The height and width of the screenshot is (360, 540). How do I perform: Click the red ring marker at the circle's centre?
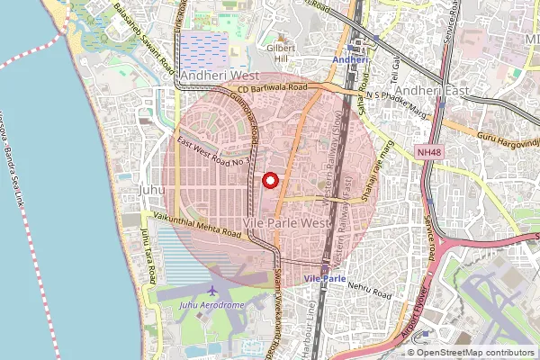pyautogui.click(x=268, y=180)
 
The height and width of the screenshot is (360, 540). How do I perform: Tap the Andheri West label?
pyautogui.click(x=220, y=76)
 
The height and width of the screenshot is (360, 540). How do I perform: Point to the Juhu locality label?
pyautogui.click(x=153, y=190)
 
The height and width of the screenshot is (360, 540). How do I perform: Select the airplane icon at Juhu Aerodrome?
pyautogui.click(x=212, y=292)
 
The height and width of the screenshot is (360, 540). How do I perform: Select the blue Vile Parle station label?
pyautogui.click(x=325, y=279)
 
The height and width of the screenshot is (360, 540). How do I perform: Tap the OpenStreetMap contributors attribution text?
pyautogui.click(x=476, y=352)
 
